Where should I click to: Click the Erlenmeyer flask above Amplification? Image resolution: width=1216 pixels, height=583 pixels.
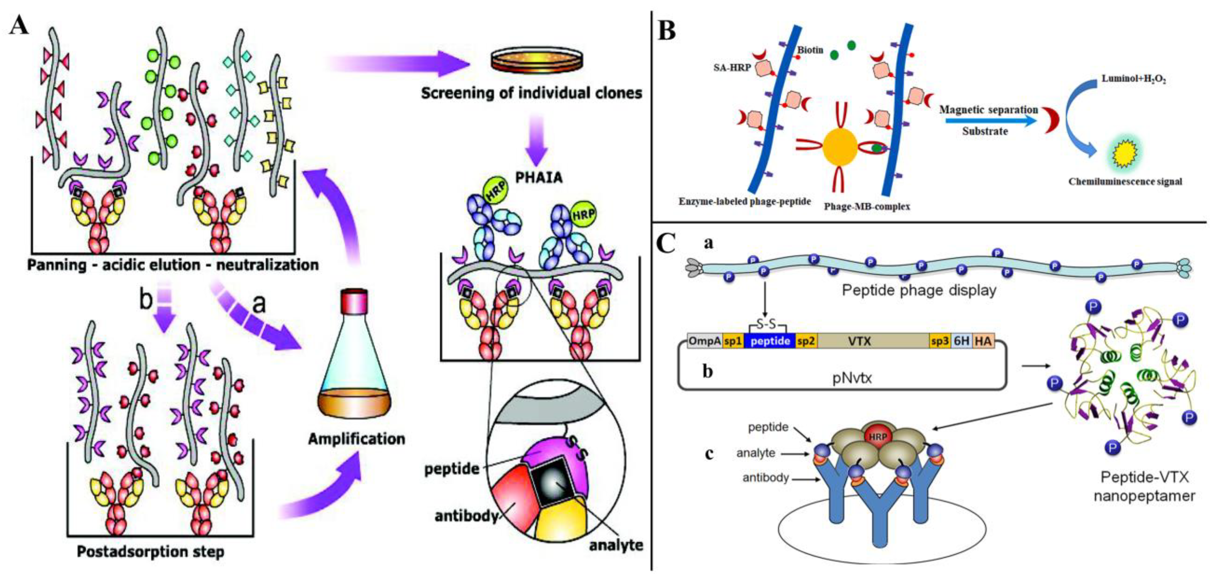point(355,364)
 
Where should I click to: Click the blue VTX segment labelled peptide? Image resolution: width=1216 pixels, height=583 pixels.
point(770,341)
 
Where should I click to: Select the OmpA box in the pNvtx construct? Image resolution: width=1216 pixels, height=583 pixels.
point(704,341)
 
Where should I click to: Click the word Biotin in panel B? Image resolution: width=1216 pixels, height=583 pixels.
point(810,50)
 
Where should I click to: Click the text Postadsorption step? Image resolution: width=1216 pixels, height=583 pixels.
point(150,551)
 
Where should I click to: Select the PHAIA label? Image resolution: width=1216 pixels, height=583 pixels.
point(539,178)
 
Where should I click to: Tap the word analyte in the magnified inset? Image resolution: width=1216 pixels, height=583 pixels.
point(616,545)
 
